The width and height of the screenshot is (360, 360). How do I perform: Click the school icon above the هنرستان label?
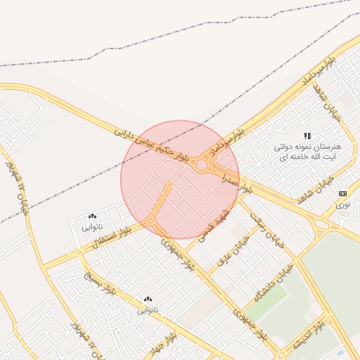[307, 135]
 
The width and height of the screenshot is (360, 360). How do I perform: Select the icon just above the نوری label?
[342, 193]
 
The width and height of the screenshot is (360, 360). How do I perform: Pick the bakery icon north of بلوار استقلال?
[92, 217]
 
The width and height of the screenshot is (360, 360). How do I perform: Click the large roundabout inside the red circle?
[202, 166]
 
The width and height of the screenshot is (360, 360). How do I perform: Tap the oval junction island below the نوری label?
[321, 225]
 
